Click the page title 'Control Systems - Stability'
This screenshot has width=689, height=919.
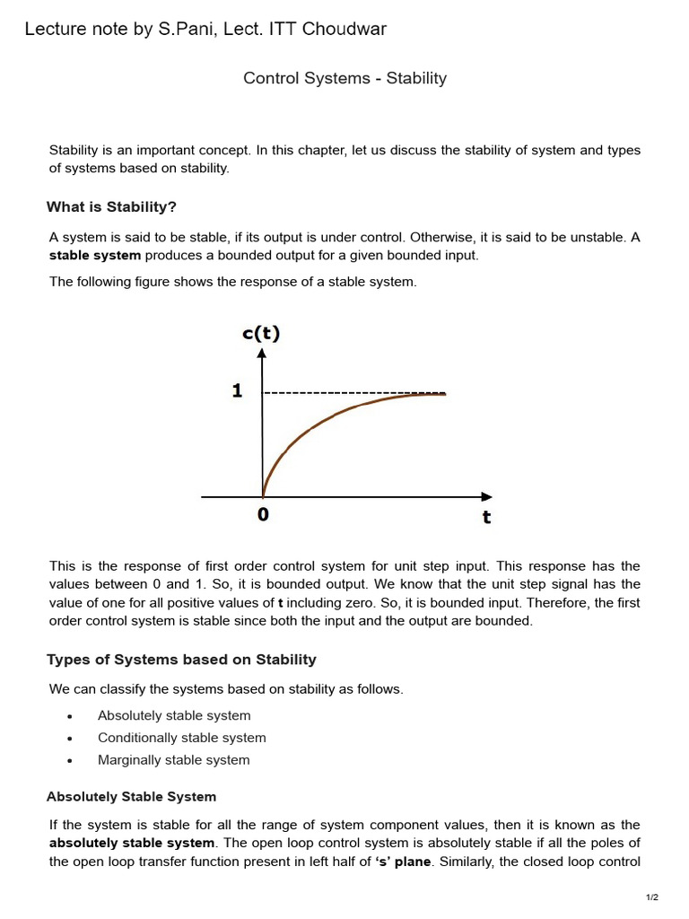(x=344, y=78)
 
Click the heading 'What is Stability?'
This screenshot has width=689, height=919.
(x=111, y=207)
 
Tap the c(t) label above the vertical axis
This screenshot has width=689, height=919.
(x=261, y=334)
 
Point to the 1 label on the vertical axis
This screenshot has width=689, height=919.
(x=237, y=391)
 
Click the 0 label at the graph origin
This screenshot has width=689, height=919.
(x=263, y=515)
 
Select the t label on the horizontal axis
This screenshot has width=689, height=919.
(x=486, y=518)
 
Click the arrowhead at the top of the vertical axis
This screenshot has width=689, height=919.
(x=262, y=354)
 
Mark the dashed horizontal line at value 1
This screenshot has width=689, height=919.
(x=341, y=393)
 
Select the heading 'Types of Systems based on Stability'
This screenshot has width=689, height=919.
(x=181, y=660)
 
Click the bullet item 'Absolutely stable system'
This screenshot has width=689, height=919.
(x=174, y=715)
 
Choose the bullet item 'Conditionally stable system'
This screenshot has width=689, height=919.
(x=181, y=738)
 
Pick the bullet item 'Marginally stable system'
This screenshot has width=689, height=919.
(x=173, y=760)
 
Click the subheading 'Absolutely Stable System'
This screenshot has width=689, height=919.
(x=131, y=797)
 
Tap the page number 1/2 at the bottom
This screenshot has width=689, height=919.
(x=652, y=897)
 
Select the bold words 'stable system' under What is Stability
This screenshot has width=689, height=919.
(x=94, y=256)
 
